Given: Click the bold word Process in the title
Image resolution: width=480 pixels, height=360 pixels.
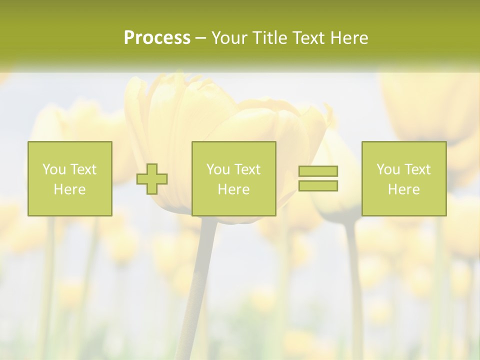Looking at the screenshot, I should coord(157,38).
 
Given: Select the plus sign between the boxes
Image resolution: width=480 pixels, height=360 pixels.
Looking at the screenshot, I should coord(152,179).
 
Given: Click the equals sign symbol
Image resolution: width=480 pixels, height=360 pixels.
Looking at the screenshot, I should coord(318,178).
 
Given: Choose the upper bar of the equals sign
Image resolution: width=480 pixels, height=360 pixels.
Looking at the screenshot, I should coord(318,171).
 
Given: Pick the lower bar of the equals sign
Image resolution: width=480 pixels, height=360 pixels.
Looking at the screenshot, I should coord(318,186).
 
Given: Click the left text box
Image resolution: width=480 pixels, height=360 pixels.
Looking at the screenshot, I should coord(70,178).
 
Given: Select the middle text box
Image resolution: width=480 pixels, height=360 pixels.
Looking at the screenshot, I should coord(234,178).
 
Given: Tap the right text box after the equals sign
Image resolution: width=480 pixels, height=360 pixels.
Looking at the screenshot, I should coord(404,178).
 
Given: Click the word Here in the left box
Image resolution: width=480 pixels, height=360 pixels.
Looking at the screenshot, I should coord(70,189).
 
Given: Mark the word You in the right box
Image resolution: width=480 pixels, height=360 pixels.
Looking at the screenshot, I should coord(388,169).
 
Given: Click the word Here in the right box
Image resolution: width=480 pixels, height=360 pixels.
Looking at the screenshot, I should coord(404,189).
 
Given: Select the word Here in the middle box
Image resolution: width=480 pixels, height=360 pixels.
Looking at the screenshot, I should coord(234,189).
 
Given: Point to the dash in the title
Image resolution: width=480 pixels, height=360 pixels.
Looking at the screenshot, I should coord(201,38).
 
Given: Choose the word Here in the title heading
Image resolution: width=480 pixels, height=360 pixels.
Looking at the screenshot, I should coord(349,38).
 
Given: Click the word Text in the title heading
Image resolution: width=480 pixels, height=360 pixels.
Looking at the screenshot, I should coord(308,38).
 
